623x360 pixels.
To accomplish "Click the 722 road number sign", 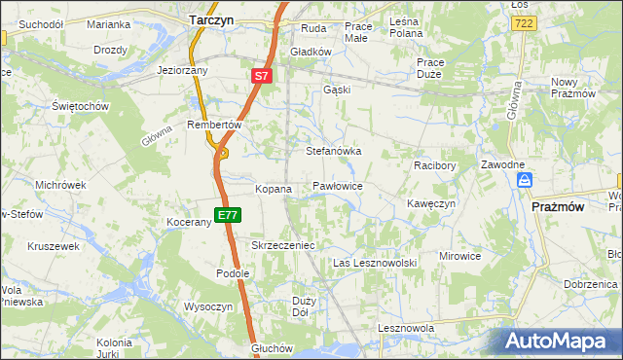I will [525, 22].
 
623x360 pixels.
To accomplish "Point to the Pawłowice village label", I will [338, 185].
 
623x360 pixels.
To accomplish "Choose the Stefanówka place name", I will [334, 152].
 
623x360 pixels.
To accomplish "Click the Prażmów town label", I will [558, 206].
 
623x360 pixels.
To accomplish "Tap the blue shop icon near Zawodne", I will [525, 180].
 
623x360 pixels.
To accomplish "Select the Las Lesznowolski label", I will [375, 264].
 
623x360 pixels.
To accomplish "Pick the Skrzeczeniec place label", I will [283, 246].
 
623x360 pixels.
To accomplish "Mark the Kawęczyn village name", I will [431, 203].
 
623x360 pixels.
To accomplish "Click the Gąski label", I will [336, 90].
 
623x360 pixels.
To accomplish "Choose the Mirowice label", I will [460, 256].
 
